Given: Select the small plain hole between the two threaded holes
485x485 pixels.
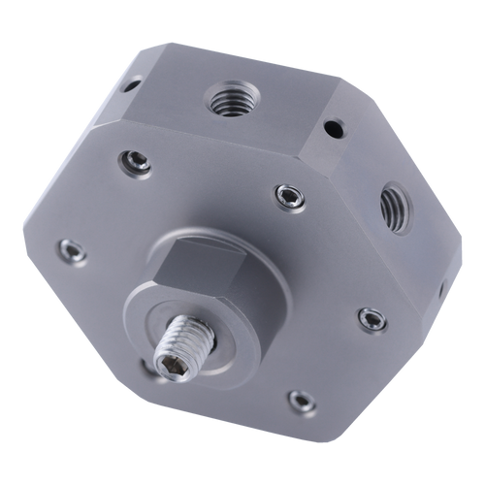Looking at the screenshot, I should tap(333, 126).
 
